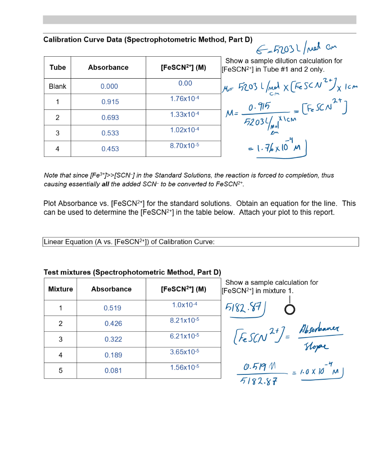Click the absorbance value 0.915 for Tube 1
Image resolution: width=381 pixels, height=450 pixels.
click(x=110, y=102)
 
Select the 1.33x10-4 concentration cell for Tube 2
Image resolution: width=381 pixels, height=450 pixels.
click(x=184, y=115)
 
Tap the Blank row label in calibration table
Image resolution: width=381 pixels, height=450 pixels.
click(x=58, y=87)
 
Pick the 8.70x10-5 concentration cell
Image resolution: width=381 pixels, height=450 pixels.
click(x=184, y=145)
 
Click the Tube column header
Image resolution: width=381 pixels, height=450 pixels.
click(x=58, y=68)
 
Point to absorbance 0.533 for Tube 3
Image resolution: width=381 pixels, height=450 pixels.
click(x=110, y=133)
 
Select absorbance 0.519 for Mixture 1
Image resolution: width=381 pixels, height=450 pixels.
click(x=112, y=308)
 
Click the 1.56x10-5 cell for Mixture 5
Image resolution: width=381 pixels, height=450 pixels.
click(x=184, y=367)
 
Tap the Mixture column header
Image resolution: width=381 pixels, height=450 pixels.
click(x=61, y=289)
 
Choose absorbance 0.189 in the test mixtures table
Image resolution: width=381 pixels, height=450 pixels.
click(x=113, y=355)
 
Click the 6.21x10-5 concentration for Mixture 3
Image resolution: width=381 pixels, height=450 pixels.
click(x=184, y=336)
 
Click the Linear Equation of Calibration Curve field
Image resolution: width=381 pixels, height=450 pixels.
click(x=201, y=242)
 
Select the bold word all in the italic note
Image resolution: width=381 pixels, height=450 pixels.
click(x=105, y=184)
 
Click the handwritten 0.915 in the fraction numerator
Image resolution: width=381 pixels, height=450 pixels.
click(x=259, y=107)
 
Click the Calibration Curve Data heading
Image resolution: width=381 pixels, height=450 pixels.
click(x=148, y=40)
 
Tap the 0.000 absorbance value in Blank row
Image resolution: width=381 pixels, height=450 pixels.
click(x=109, y=87)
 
